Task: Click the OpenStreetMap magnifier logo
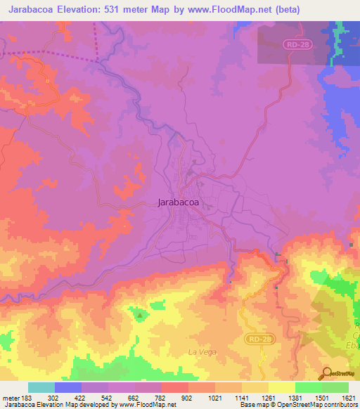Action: pos(327,373)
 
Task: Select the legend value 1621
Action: pos(347,397)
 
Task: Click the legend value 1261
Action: pos(269,397)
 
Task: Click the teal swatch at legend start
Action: pos(41,387)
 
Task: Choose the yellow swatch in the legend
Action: pos(282,387)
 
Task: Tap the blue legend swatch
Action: pos(68,387)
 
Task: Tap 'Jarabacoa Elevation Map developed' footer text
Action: pos(46,405)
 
